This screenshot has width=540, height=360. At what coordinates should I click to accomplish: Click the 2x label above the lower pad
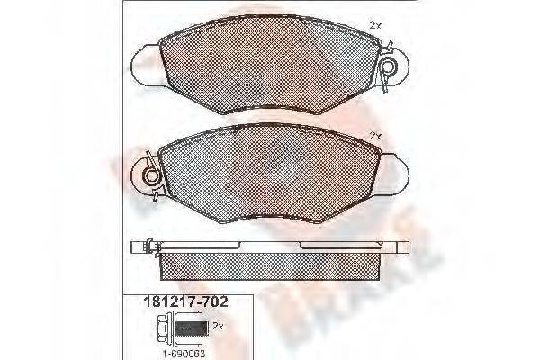tap(375, 135)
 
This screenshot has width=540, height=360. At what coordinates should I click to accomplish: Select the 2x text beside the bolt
tap(217, 324)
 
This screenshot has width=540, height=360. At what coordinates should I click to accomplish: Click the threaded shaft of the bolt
tap(193, 331)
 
